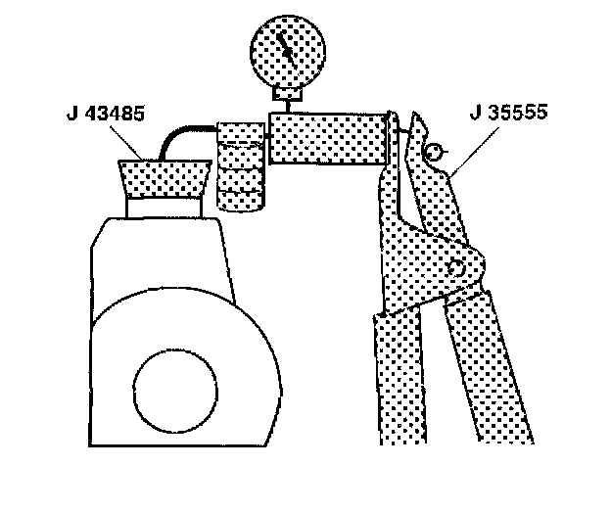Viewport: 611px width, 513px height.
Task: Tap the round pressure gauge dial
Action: pos(287,53)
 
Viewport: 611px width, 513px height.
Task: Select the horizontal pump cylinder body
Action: pos(328,137)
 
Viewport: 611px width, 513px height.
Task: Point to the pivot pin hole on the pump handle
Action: pos(455,269)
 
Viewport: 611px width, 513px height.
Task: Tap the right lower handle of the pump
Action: pos(499,382)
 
